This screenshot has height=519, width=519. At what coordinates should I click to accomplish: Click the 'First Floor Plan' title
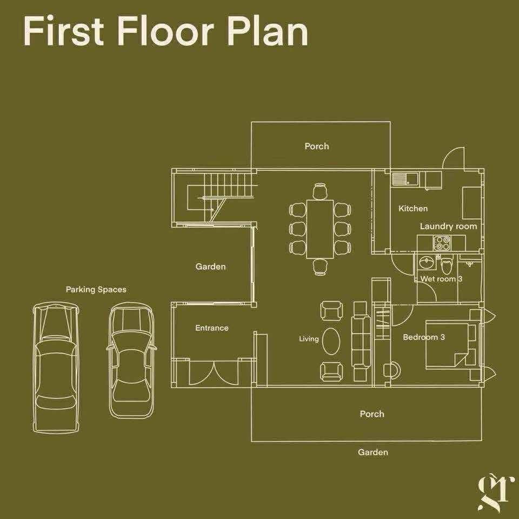pyautogui.click(x=166, y=31)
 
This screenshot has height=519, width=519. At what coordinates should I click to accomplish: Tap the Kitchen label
pyautogui.click(x=412, y=209)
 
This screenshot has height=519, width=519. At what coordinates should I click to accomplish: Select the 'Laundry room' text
pyautogui.click(x=448, y=227)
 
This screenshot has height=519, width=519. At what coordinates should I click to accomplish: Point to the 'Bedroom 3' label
pyautogui.click(x=424, y=337)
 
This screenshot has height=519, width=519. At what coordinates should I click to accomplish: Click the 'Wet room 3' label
pyautogui.click(x=441, y=279)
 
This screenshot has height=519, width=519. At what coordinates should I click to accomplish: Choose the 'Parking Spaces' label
pyautogui.click(x=96, y=290)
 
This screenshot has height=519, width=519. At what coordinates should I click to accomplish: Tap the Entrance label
pyautogui.click(x=212, y=328)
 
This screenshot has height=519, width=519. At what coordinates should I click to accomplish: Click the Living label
pyautogui.click(x=309, y=339)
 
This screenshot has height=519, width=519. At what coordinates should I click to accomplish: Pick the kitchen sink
pyautogui.click(x=405, y=179)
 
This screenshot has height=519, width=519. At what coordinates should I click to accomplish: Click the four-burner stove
pyautogui.click(x=442, y=243)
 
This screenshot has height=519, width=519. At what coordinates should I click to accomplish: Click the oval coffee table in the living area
pyautogui.click(x=331, y=341)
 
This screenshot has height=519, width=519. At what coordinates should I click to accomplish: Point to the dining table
pyautogui.click(x=320, y=229)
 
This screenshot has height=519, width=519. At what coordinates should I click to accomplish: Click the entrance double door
pyautogui.click(x=214, y=372)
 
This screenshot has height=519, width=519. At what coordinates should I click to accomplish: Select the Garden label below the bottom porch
pyautogui.click(x=372, y=452)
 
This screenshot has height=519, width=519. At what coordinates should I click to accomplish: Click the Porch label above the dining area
pyautogui.click(x=317, y=146)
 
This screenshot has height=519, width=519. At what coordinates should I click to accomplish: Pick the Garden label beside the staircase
pyautogui.click(x=210, y=267)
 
